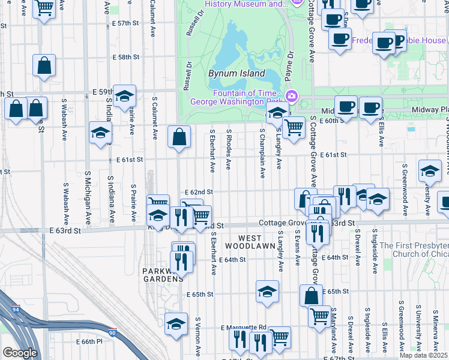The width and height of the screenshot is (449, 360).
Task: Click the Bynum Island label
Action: pyautogui.click(x=237, y=73)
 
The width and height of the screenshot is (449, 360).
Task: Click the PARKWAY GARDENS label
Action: pyautogui.click(x=162, y=275)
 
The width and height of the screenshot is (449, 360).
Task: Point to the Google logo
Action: pyautogui.click(x=20, y=353)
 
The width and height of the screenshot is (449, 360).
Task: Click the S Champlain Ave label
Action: pyautogui.click(x=263, y=152)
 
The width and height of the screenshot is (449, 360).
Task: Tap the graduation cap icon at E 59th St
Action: pyautogui.click(x=124, y=96)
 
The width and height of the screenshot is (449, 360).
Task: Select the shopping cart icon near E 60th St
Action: pyautogui.click(x=294, y=127)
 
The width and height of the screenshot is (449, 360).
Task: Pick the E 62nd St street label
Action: pyautogui.click(x=199, y=192)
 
